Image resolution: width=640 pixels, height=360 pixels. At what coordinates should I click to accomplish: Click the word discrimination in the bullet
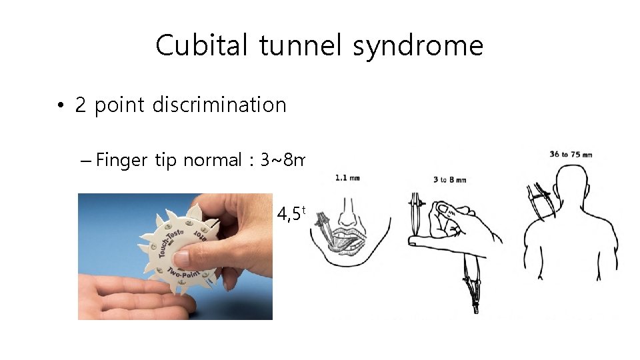point(219,105)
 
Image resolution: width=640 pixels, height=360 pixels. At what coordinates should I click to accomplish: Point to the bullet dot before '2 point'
point(60,106)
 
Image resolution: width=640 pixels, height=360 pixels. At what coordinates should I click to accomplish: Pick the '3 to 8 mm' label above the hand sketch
point(449,179)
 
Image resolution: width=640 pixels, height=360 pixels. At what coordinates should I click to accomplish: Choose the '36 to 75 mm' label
point(570,155)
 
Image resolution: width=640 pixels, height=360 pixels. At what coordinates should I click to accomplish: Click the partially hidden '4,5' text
point(290,214)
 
